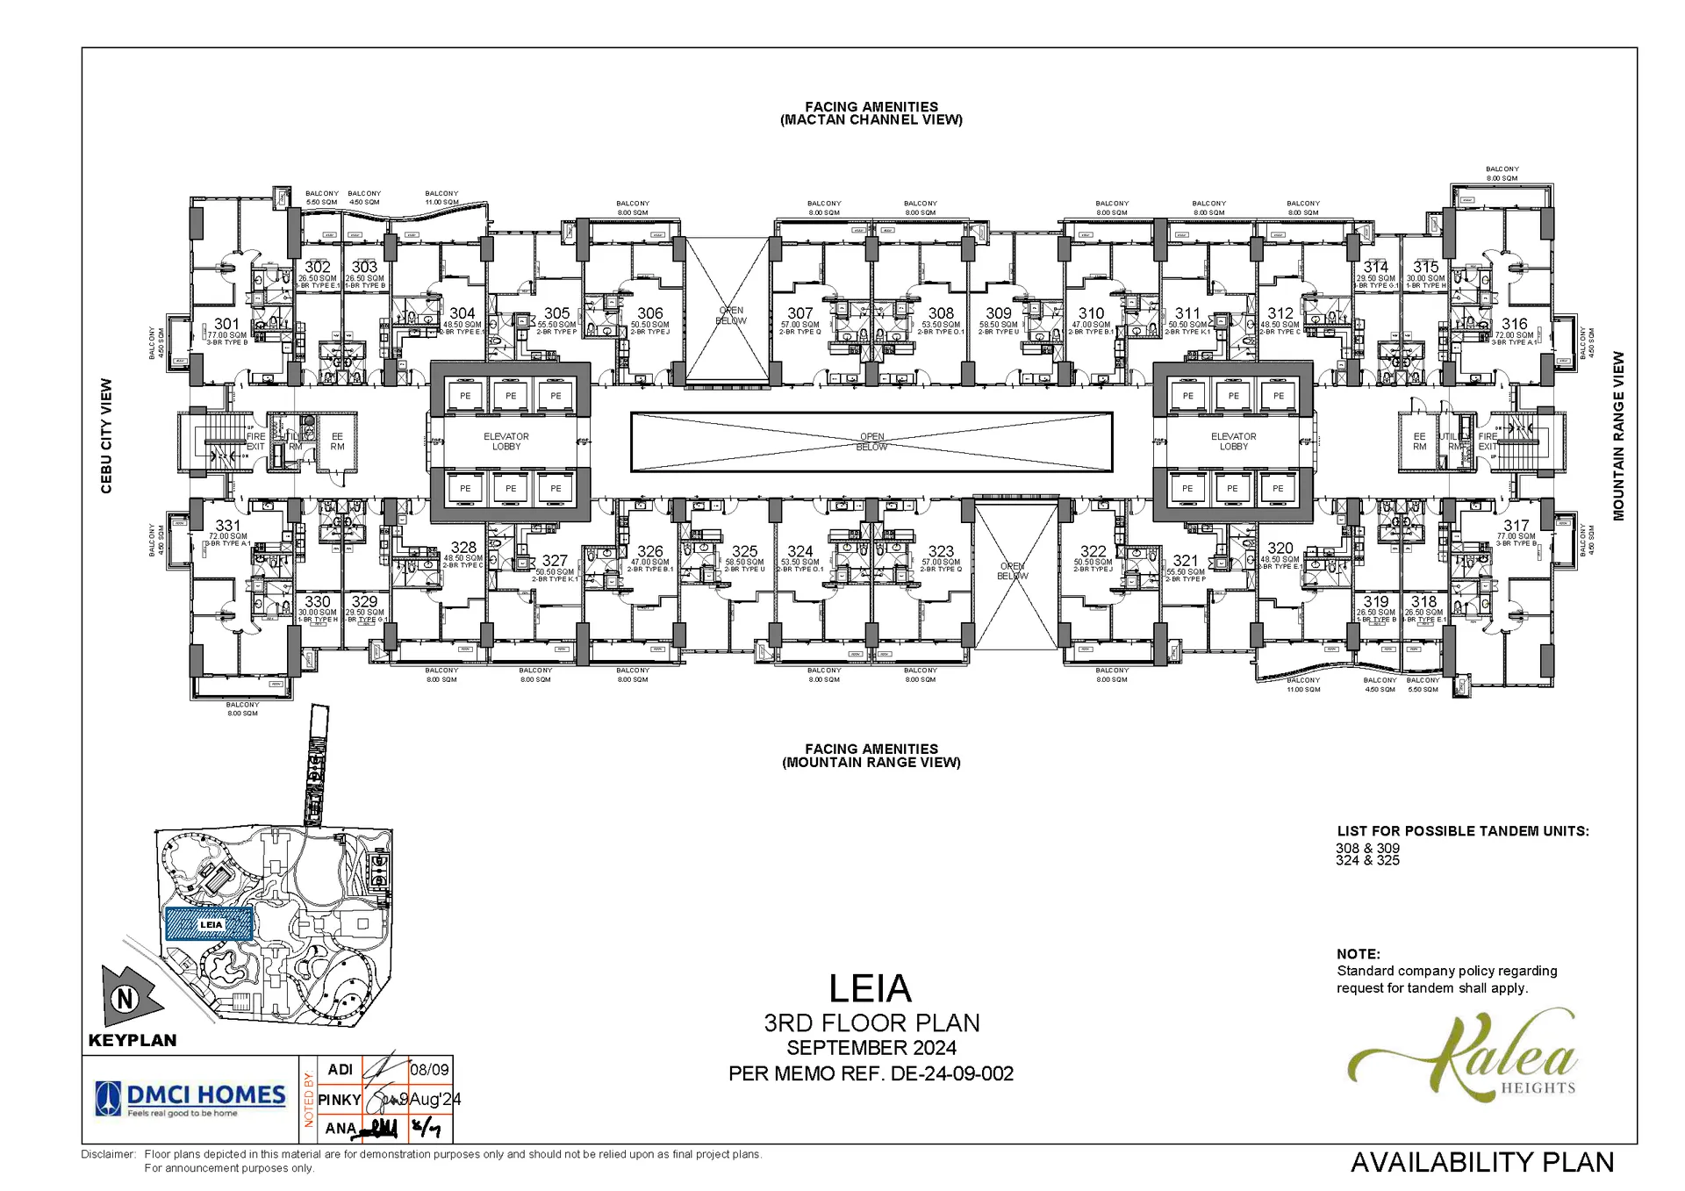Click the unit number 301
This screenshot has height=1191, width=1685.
(x=226, y=324)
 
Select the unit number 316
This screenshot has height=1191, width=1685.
(x=1514, y=324)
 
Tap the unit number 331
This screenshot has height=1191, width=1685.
(x=227, y=526)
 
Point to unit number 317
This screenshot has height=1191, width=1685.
(x=1516, y=526)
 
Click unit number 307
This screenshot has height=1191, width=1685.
(x=799, y=313)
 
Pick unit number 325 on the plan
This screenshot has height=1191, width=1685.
(x=744, y=552)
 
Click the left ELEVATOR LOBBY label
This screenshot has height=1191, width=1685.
(x=506, y=441)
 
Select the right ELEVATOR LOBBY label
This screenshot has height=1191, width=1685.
(x=1233, y=441)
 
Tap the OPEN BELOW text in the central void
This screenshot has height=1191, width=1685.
(x=871, y=441)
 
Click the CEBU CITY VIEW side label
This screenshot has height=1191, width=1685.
(x=106, y=436)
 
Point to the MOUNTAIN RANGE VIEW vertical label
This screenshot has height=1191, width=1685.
(x=1618, y=436)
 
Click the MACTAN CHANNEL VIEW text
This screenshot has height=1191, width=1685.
(x=871, y=120)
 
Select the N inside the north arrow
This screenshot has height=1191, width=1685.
(x=125, y=999)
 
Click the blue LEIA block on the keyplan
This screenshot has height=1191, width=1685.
(x=210, y=924)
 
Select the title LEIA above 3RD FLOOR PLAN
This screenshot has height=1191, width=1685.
(x=871, y=989)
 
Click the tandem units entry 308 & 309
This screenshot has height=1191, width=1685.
(x=1367, y=849)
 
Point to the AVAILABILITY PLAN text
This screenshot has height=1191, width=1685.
(x=1481, y=1162)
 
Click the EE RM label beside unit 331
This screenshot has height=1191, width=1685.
(x=337, y=441)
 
